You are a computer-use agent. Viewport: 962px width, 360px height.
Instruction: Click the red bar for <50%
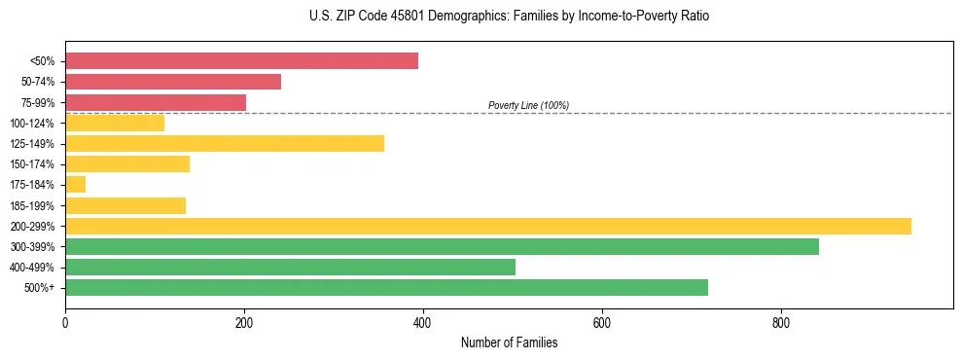(241, 61)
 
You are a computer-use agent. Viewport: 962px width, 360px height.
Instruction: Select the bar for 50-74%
(173, 82)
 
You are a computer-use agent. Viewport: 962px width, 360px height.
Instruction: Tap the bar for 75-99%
(156, 102)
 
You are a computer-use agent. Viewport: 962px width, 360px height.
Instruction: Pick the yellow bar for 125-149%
(225, 143)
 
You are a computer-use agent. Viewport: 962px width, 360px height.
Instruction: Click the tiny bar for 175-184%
(76, 185)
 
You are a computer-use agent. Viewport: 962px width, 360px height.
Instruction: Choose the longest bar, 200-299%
(488, 226)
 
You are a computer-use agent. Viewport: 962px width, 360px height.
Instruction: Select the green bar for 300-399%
(442, 246)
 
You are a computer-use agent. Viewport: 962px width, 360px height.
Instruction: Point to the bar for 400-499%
(290, 267)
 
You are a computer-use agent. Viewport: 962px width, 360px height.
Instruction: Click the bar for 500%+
(386, 287)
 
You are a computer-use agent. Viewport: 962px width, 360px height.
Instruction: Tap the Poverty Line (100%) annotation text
(528, 105)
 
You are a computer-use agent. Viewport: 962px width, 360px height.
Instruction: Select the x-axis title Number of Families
(509, 342)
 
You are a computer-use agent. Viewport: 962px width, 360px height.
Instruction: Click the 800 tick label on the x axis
(781, 323)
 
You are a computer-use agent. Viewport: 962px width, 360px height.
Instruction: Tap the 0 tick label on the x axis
(65, 323)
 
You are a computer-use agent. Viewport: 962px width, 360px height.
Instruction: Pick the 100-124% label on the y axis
(32, 123)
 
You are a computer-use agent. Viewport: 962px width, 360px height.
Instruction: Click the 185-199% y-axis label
(32, 205)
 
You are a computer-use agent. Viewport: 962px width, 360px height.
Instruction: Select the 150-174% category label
(32, 164)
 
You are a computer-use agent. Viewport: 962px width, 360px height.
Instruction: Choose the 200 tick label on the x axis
(244, 323)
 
